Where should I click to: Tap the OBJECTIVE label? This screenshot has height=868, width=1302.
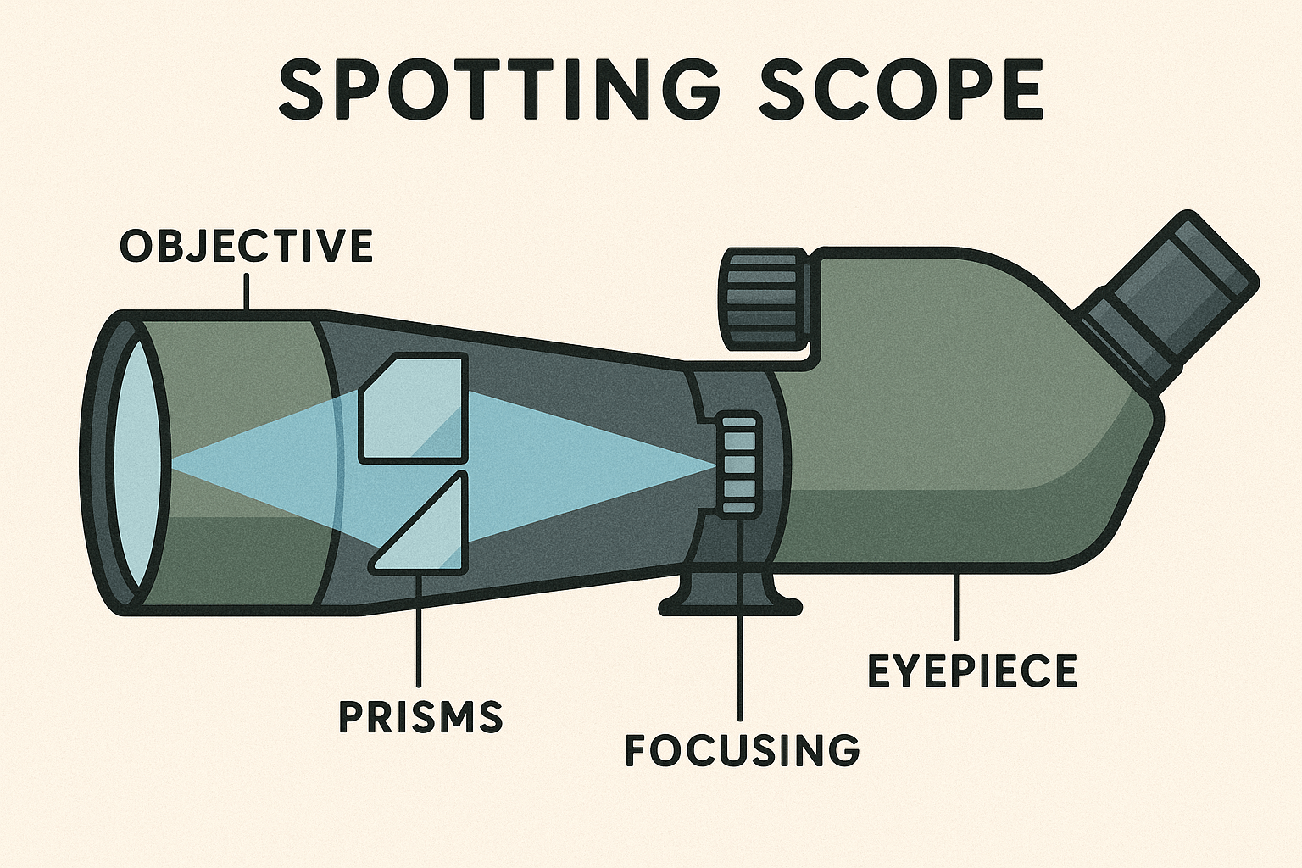(246, 246)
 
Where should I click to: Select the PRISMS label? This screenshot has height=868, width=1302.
(420, 716)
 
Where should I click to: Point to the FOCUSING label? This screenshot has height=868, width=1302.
(742, 750)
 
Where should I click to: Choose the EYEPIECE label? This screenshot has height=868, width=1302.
(972, 670)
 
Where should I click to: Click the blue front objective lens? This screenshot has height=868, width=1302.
(136, 462)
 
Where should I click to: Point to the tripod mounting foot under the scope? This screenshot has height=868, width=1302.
(729, 593)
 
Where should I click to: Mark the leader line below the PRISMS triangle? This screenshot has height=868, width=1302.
(419, 627)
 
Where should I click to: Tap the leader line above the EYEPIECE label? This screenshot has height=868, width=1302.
(956, 606)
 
